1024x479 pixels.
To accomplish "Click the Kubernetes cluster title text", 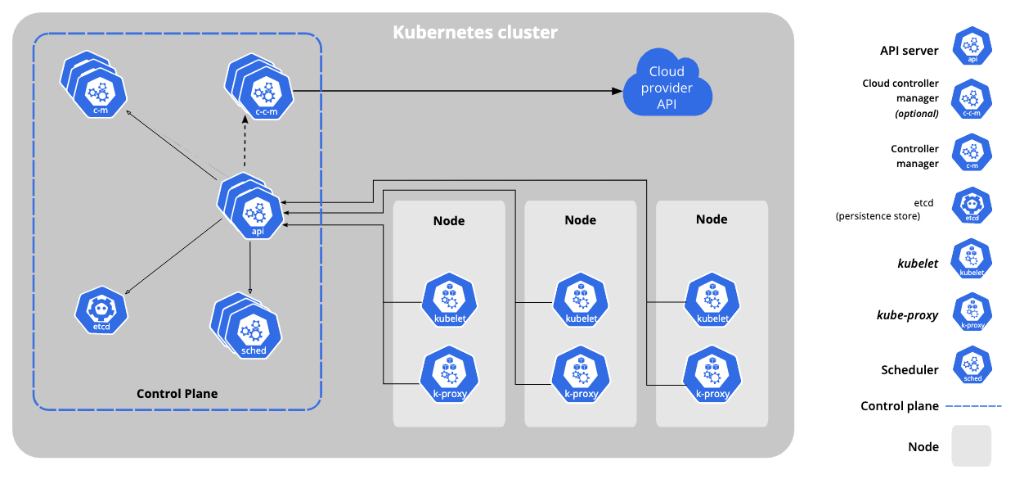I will pyautogui.click(x=474, y=33).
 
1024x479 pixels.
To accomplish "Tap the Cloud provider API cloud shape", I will pyautogui.click(x=667, y=87).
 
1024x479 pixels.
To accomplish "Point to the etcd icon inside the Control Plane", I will pyautogui.click(x=101, y=311).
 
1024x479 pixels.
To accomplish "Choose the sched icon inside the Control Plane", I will pyautogui.click(x=254, y=332).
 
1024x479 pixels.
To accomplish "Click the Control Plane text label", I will pyautogui.click(x=177, y=394).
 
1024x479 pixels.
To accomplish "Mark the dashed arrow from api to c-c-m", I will pyautogui.click(x=245, y=143).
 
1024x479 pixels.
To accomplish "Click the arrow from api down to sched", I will pyautogui.click(x=249, y=266).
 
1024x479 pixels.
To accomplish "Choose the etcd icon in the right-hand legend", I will pyautogui.click(x=972, y=206).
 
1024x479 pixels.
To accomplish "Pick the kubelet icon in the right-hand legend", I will pyautogui.click(x=972, y=259).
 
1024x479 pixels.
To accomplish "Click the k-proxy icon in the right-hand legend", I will pyautogui.click(x=972, y=312).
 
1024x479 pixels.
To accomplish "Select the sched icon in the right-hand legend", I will pyautogui.click(x=972, y=365).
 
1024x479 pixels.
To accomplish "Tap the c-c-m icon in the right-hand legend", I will pyautogui.click(x=972, y=99).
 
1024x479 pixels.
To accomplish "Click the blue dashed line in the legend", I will pyautogui.click(x=972, y=406).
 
